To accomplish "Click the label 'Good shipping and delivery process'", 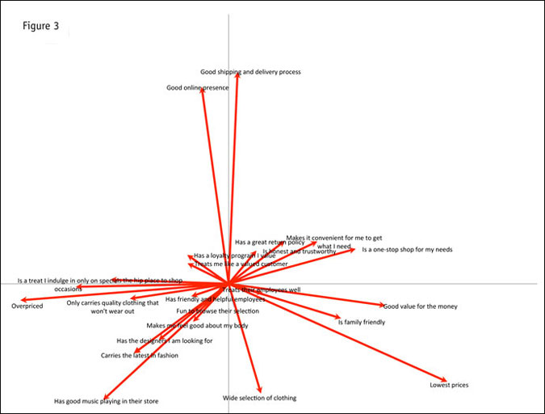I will pyautogui.click(x=250, y=72).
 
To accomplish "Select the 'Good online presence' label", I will pyautogui.click(x=197, y=87).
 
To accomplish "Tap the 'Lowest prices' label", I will pyautogui.click(x=449, y=385).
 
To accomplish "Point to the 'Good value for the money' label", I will pyautogui.click(x=420, y=306).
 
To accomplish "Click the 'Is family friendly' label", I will pyautogui.click(x=361, y=322).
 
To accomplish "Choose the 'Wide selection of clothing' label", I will pyautogui.click(x=259, y=398).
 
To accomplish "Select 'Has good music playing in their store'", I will pyautogui.click(x=106, y=401).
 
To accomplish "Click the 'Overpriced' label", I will pyautogui.click(x=27, y=306).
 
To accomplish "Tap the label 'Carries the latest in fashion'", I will pyautogui.click(x=140, y=355).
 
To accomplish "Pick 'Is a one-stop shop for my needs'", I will pyautogui.click(x=407, y=249).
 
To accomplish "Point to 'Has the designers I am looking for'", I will pyautogui.click(x=165, y=340).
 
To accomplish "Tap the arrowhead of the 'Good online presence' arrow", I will pyautogui.click(x=202, y=90).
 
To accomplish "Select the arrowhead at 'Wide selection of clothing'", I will pyautogui.click(x=260, y=391).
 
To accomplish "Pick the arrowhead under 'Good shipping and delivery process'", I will pyautogui.click(x=237, y=74).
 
